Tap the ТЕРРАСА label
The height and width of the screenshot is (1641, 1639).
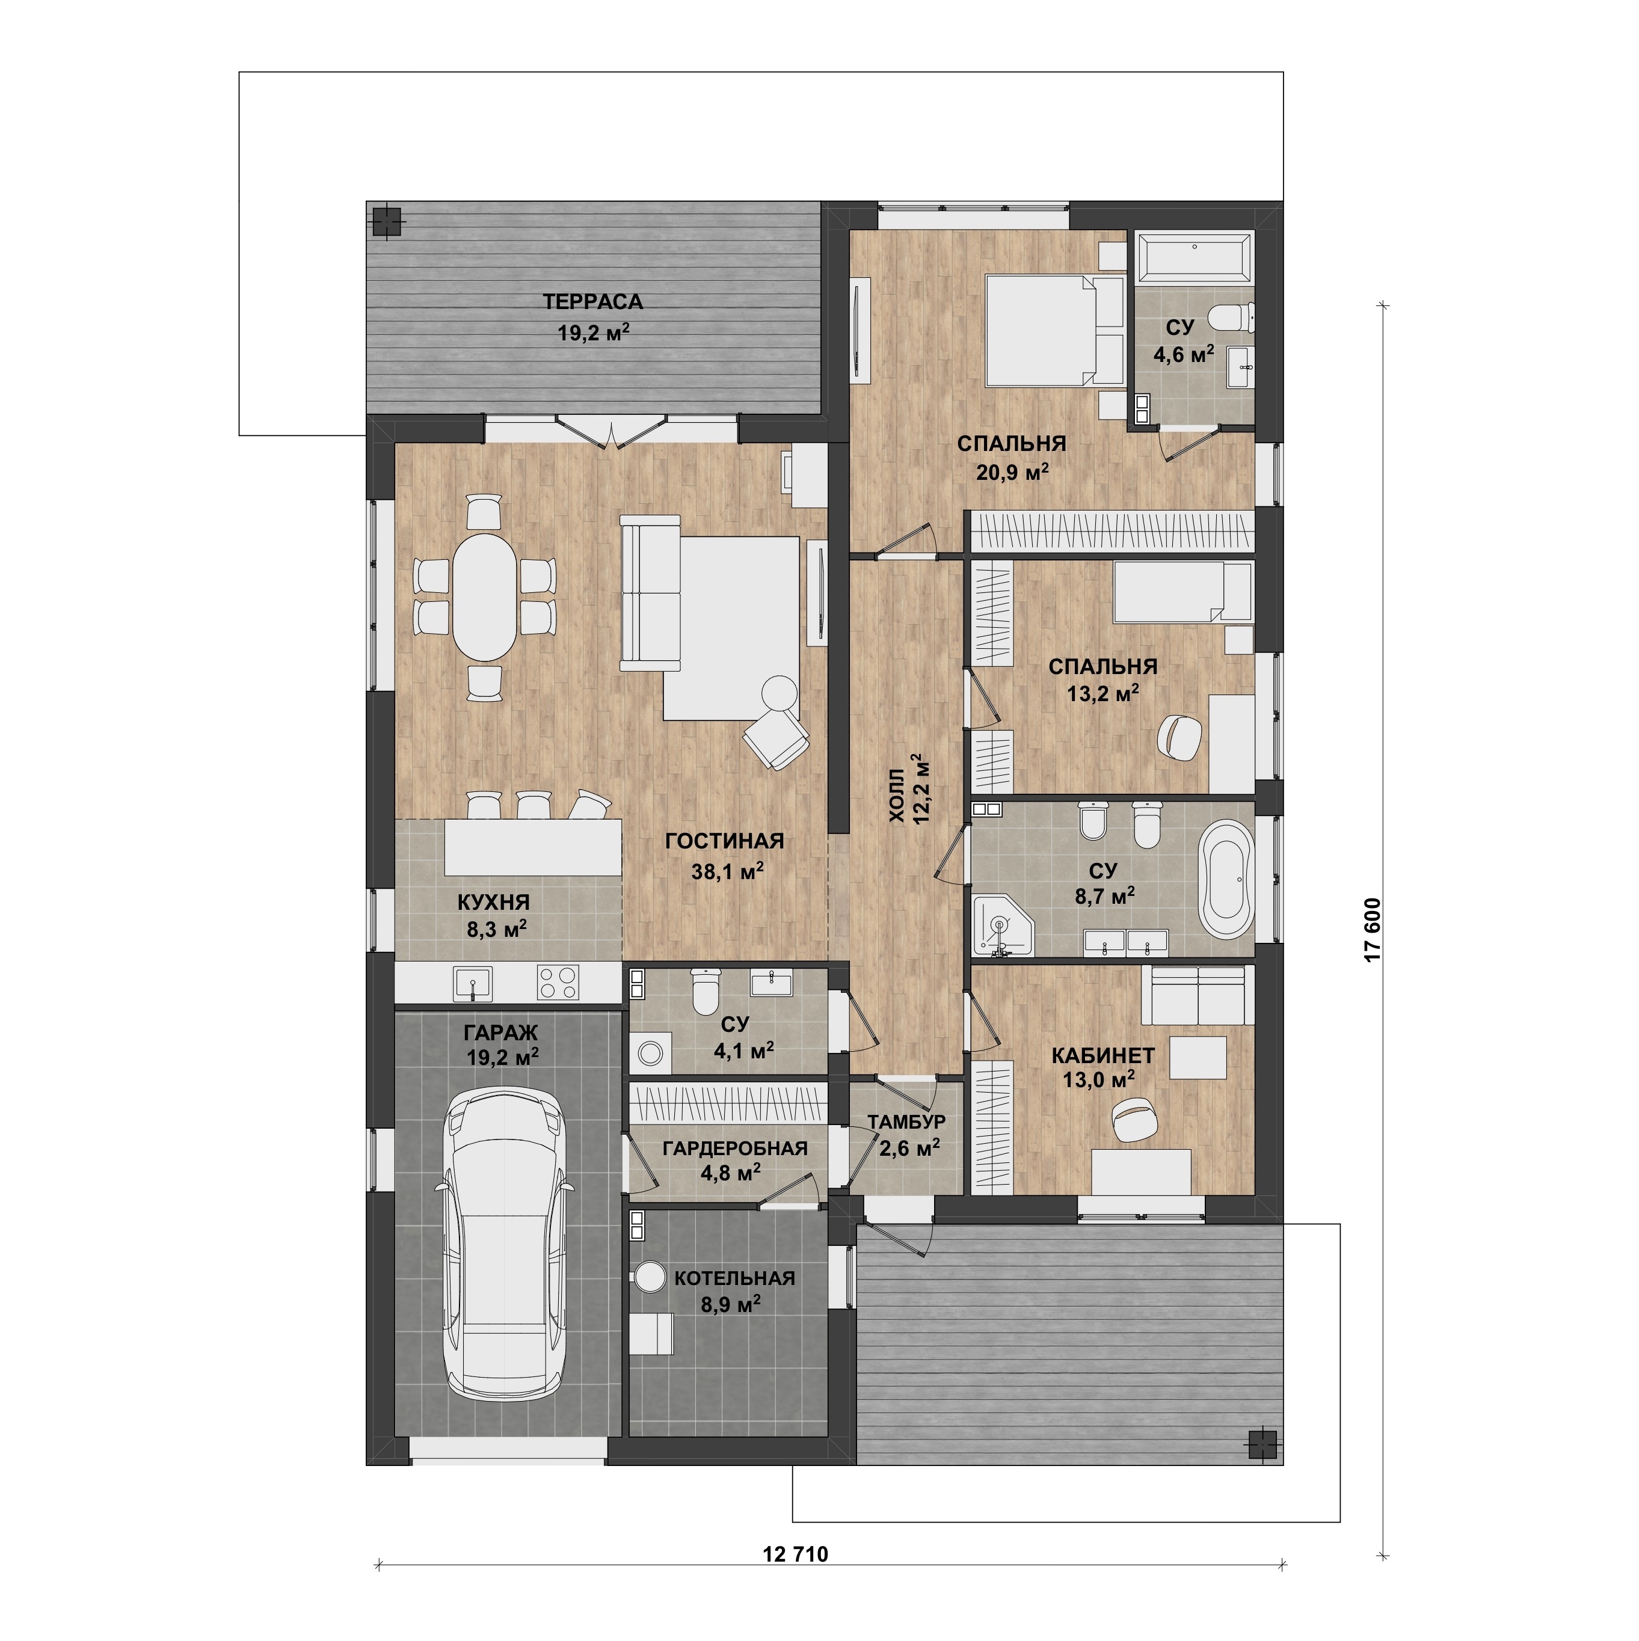click(593, 301)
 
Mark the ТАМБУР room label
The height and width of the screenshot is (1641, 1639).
click(906, 1122)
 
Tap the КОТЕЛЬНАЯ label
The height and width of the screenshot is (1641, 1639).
click(734, 1278)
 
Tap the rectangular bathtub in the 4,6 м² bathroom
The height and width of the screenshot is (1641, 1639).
click(1194, 255)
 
